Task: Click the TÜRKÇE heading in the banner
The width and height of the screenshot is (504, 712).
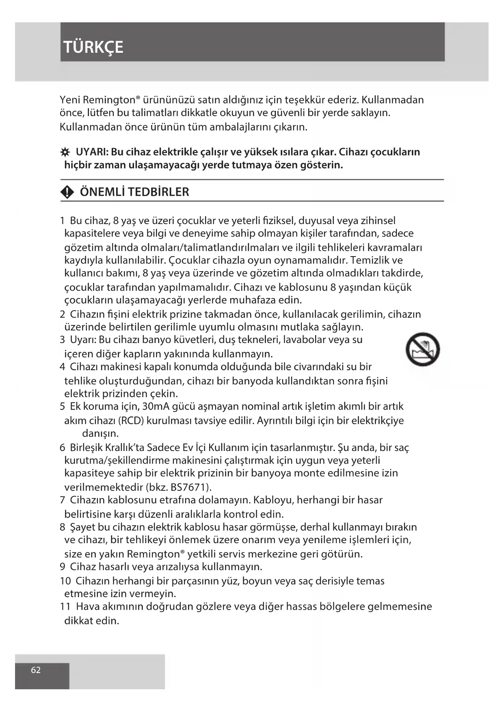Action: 93,47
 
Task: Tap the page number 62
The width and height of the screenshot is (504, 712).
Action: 36,670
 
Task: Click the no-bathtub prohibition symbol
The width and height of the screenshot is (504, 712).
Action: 422,350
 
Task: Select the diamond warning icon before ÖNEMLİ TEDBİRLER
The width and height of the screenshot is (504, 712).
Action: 67,192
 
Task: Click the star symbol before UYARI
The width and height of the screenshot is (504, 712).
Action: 65,153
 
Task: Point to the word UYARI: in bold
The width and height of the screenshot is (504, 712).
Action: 92,152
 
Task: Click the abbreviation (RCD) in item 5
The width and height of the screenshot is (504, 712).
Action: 132,421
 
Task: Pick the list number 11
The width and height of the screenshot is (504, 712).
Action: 65,606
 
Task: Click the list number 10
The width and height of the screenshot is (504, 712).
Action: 65,581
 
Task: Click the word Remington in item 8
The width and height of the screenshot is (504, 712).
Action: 154,554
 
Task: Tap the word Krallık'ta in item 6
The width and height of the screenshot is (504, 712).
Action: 123,447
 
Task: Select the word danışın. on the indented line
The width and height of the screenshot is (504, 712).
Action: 100,433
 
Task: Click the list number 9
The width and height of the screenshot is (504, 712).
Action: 62,566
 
